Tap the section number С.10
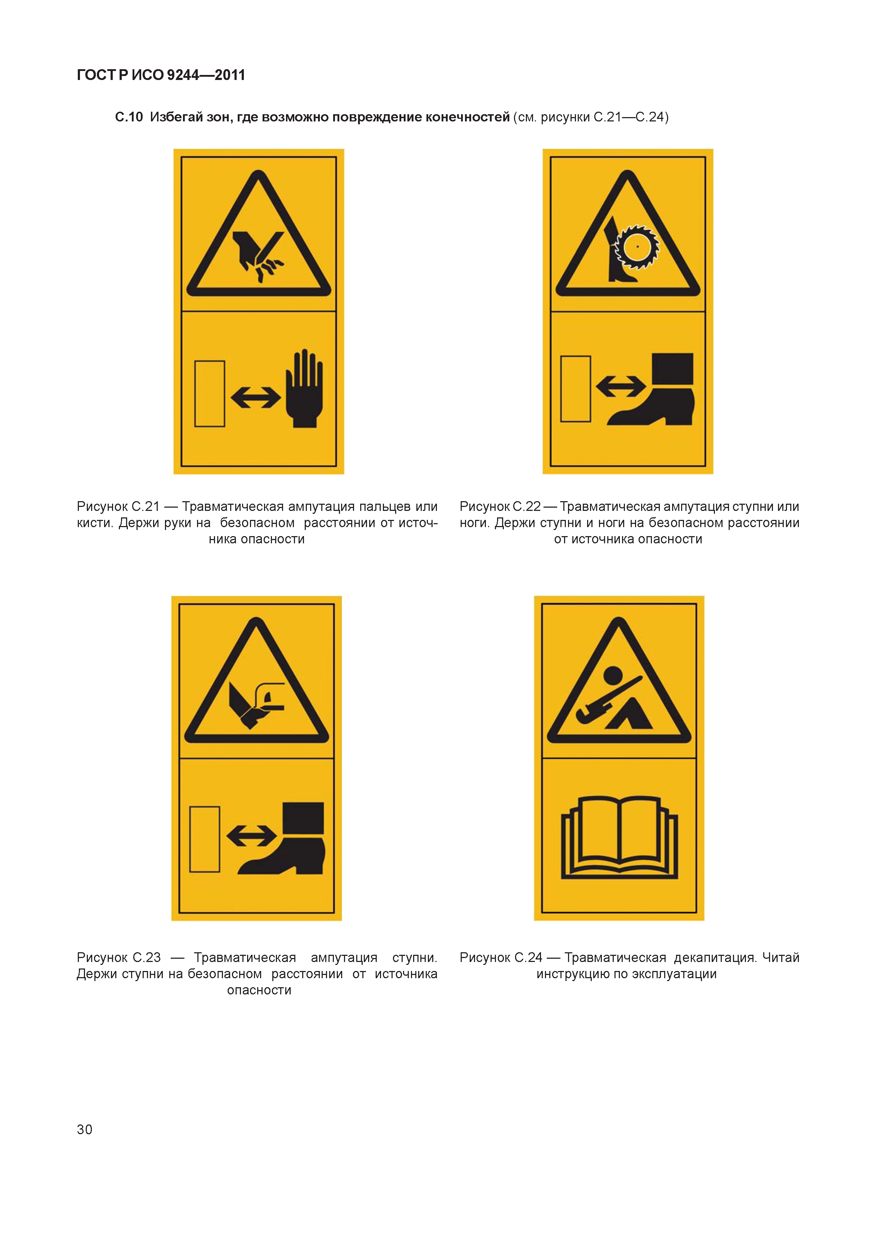[x=129, y=117]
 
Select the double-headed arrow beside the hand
[x=256, y=398]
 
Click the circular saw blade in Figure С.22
[x=637, y=247]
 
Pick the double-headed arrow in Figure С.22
[x=621, y=386]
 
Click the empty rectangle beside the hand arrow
[x=210, y=393]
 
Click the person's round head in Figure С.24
[x=613, y=675]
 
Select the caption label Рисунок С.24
[x=501, y=957]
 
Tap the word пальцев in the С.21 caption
[x=385, y=507]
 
